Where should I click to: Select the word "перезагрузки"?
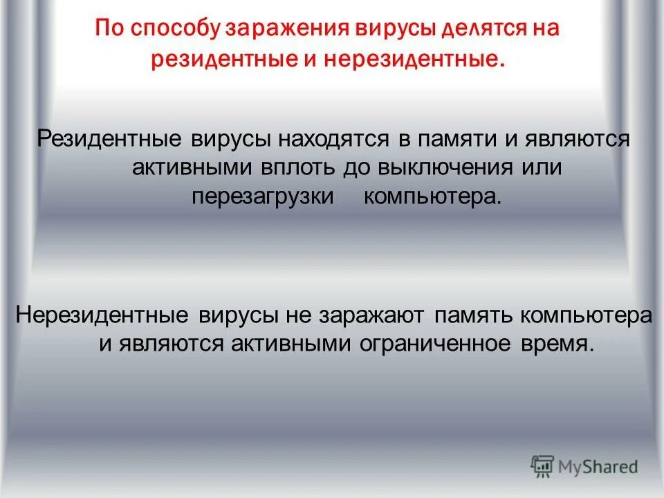(262, 196)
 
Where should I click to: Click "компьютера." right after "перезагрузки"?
(431, 196)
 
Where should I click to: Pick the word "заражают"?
(371, 315)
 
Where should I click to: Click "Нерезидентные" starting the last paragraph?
(102, 315)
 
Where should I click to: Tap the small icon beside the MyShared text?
(543, 466)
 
